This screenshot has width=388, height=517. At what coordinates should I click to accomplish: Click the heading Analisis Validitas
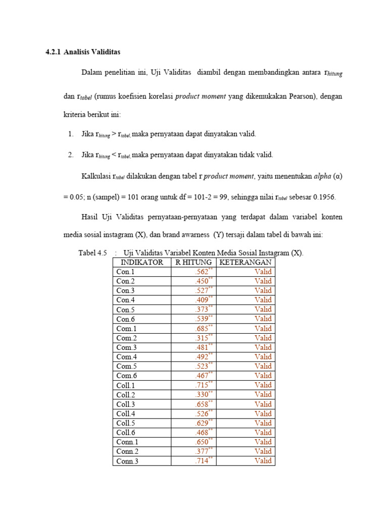(x=92, y=52)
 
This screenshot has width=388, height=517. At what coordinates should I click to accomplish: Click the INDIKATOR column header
(x=141, y=263)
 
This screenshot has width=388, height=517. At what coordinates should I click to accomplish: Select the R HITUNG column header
(x=193, y=263)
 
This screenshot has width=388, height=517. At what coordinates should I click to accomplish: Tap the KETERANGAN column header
(x=246, y=263)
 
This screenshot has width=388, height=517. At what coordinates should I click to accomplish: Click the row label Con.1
(x=125, y=272)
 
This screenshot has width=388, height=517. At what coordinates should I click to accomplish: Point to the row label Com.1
(x=126, y=329)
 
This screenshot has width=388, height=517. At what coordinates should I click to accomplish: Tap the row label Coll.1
(x=126, y=385)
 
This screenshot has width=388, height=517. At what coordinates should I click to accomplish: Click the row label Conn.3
(x=127, y=461)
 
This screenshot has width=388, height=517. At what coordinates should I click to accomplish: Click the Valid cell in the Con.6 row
(x=263, y=319)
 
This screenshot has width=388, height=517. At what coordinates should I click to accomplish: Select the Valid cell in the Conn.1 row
(x=263, y=442)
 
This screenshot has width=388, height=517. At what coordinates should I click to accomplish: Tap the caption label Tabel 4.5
(x=93, y=253)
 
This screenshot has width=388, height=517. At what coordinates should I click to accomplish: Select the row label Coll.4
(x=126, y=413)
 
